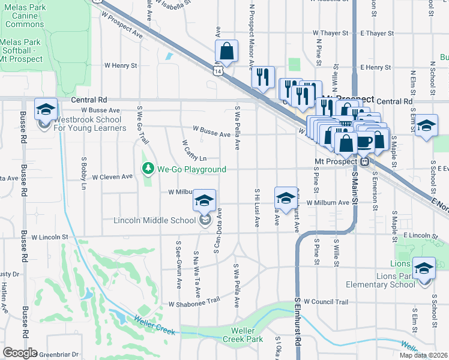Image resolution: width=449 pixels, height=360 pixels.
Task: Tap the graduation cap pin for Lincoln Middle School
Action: (204, 201)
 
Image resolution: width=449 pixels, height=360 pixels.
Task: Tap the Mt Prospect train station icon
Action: (364, 162)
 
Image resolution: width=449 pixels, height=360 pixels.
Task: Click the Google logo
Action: (20, 353)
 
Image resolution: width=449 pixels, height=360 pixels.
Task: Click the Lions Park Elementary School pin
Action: (424, 266)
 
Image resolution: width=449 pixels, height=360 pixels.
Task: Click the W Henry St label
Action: (121, 65)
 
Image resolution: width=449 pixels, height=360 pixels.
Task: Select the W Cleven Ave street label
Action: (112, 177)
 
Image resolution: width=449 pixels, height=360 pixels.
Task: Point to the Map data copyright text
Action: (423, 355)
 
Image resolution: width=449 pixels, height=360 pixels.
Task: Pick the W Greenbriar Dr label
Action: (57, 354)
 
